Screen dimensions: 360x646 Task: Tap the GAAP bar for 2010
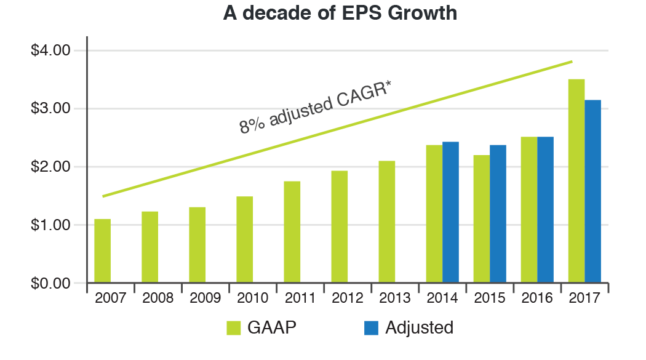245,239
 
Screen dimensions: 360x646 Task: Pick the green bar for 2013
387,222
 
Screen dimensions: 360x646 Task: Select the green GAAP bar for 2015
482,219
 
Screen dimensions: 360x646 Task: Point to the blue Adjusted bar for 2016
545,210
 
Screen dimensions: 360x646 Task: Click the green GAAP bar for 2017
576,181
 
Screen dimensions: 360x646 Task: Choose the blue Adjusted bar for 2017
592,191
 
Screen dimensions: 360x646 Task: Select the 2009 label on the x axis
205,298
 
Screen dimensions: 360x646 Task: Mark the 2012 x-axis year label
348,298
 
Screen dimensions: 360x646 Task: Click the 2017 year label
584,298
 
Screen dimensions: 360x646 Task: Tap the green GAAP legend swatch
233,328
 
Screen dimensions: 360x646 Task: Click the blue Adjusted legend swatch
371,328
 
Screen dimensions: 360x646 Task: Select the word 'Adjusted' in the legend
419,328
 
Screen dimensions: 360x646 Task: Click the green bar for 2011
292,232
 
